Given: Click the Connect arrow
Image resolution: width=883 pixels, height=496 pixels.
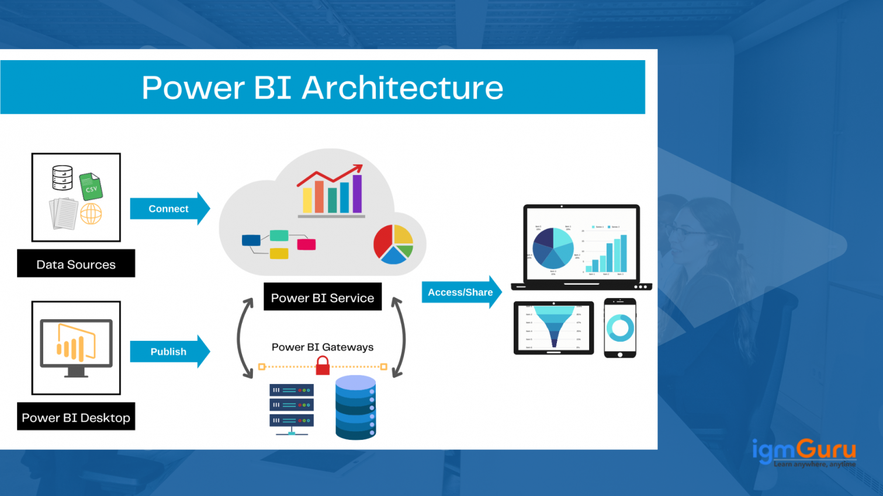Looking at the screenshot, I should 169,208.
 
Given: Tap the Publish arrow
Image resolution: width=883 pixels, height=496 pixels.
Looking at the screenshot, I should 169,351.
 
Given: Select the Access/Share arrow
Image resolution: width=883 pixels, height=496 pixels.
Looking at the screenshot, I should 460,292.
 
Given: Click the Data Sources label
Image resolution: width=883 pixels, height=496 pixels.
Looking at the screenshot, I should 76,264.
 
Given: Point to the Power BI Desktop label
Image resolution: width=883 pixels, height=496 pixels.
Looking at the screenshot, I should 76,417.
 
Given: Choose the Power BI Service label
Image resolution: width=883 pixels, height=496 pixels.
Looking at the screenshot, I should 323,297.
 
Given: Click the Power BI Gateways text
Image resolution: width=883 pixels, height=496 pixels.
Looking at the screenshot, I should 323,347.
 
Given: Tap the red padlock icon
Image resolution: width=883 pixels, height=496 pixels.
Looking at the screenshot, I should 323,366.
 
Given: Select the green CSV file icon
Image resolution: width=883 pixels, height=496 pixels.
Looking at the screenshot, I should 91,187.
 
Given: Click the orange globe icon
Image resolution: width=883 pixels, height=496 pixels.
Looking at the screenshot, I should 91,214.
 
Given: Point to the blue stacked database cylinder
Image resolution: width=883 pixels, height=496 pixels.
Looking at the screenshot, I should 355,407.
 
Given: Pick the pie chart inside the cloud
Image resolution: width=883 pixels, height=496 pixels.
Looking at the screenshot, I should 393,244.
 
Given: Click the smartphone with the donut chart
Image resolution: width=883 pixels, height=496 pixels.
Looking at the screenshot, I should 619,328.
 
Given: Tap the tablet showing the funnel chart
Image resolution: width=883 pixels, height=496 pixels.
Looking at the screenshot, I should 553,328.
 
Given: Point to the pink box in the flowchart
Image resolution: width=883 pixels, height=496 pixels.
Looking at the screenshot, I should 306,244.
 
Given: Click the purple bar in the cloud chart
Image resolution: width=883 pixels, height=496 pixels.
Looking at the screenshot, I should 357,193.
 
